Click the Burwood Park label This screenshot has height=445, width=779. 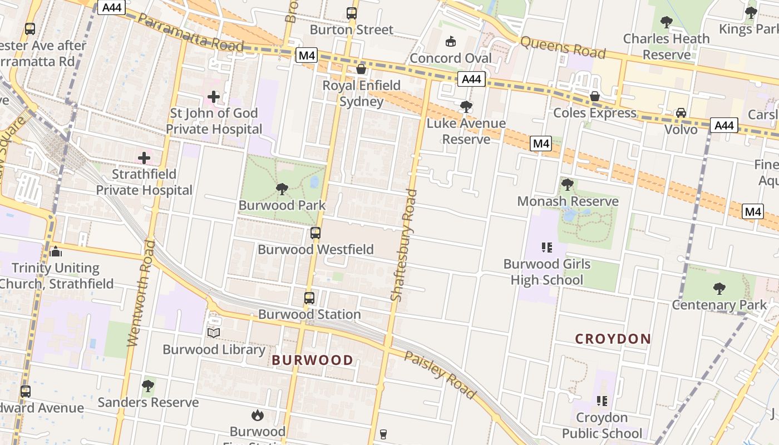[x=282, y=205]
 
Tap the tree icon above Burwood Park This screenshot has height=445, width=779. [x=282, y=189]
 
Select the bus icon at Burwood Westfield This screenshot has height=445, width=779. [x=315, y=233]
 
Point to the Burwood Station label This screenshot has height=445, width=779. [x=309, y=314]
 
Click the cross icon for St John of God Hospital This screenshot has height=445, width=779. [x=213, y=97]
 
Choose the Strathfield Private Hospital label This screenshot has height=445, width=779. [x=144, y=182]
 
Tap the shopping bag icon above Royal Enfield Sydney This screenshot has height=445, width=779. [x=361, y=69]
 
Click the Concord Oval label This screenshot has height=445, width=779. [x=451, y=58]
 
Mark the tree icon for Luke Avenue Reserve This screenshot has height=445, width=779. [x=466, y=106]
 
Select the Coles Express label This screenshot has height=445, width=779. [x=594, y=113]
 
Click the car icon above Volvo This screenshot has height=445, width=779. [x=681, y=113]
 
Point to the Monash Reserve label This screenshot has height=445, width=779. [x=568, y=201]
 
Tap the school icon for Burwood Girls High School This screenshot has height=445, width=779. [x=546, y=248]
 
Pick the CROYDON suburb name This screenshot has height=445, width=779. [x=613, y=339]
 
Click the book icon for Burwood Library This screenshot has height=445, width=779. [x=214, y=333]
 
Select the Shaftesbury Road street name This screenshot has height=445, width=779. [x=404, y=245]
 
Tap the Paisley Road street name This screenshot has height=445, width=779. [x=440, y=375]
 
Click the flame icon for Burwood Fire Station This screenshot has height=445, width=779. [x=257, y=415]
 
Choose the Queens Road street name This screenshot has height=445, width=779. [x=563, y=48]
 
